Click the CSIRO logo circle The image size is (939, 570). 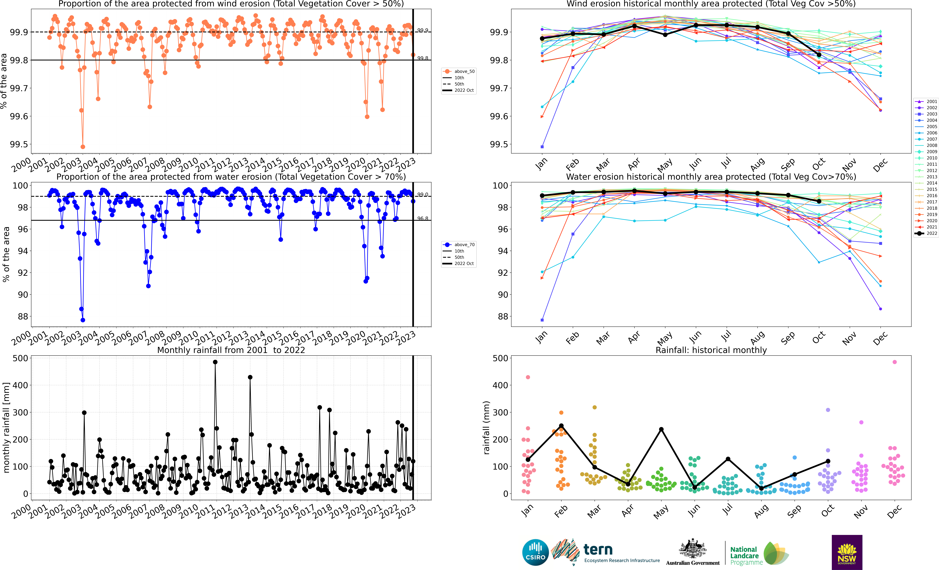point(535,552)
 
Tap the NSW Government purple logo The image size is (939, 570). point(847,552)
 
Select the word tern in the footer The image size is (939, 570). point(598,549)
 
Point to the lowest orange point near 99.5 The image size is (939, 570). point(83,147)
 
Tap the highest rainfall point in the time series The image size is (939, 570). point(215,362)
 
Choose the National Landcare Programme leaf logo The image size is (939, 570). point(775,553)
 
